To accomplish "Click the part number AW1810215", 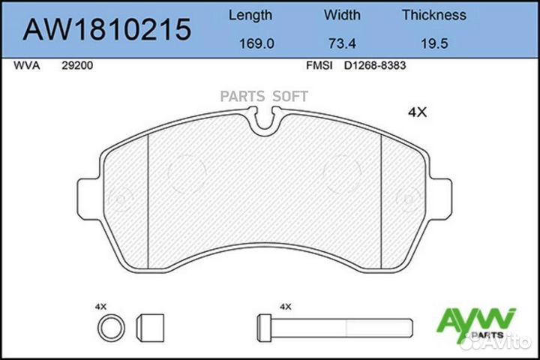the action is click(106, 30).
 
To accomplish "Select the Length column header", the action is click(250, 16).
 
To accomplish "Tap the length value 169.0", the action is click(256, 43).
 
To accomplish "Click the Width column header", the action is click(342, 15).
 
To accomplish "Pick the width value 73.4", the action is click(342, 43).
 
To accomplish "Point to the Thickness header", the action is click(434, 15).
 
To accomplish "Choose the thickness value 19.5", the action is click(434, 43).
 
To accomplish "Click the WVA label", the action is click(26, 65).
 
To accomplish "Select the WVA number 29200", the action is click(77, 65).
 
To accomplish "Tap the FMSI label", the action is click(319, 65).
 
